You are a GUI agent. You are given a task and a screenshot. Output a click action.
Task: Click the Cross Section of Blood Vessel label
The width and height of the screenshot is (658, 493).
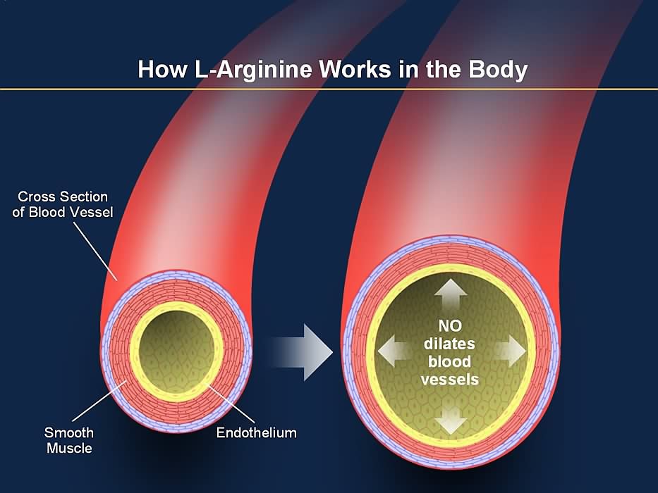tap(62, 204)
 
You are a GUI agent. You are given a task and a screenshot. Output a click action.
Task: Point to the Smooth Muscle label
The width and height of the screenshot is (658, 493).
tap(69, 439)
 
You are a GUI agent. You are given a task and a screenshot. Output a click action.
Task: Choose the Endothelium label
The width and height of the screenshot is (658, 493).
tap(256, 432)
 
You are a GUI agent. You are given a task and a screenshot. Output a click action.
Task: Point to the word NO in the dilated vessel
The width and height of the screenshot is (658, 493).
tap(449, 327)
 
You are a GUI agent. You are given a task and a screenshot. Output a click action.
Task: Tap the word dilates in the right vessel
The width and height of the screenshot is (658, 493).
tap(449, 344)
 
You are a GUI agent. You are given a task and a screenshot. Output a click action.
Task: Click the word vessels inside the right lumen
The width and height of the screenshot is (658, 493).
tap(449, 380)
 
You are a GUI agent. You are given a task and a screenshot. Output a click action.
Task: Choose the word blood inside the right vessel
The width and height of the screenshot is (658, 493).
tap(449, 362)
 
